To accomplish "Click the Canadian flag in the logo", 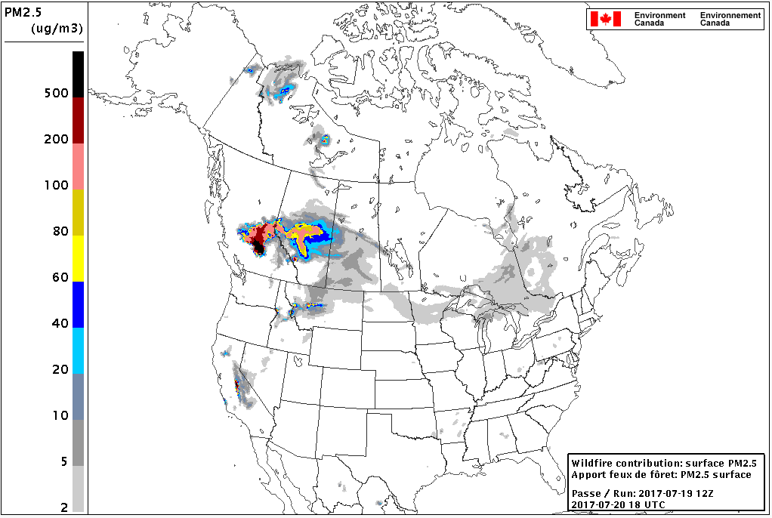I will tap(605, 19).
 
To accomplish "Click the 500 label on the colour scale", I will tap(57, 93).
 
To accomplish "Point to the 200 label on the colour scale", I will tap(57, 139).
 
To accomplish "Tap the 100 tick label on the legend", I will tap(57, 185).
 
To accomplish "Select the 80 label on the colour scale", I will tap(60, 231).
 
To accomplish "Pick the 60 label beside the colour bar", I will tap(60, 277).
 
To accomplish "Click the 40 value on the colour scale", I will tap(60, 323).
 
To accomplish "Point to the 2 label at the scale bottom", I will tap(64, 507).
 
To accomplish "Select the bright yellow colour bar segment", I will tap(78, 258).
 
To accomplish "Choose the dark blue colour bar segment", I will tap(78, 304).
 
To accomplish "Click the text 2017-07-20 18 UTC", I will tap(619, 504).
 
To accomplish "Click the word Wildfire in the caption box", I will tap(591, 463).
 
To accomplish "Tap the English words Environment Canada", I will tap(659, 19).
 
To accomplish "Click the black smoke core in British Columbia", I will tap(258, 246).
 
